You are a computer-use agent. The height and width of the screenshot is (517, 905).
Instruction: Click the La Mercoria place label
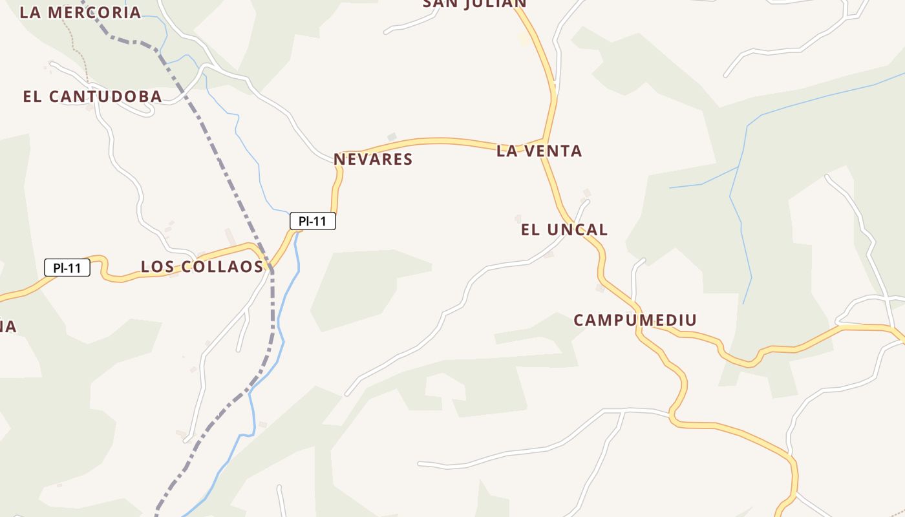point(80,12)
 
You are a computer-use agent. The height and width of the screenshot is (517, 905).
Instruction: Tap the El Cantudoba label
point(92,97)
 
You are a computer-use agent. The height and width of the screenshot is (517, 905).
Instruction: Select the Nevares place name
point(373,160)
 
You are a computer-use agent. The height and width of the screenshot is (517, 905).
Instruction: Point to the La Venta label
point(539,151)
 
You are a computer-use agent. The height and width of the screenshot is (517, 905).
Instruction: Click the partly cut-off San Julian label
point(474,4)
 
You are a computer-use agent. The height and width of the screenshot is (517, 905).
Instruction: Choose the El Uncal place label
point(564,229)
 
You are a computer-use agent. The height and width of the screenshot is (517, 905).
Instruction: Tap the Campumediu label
point(635,320)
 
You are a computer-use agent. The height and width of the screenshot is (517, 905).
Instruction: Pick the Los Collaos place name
point(202,267)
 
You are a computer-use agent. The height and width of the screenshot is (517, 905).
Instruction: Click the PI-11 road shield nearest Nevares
point(313,221)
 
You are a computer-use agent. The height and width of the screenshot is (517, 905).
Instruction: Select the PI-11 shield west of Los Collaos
point(67,268)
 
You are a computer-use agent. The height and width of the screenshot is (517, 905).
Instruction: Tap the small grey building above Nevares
point(391,136)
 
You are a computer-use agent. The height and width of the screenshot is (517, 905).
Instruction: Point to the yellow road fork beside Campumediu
point(639,326)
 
